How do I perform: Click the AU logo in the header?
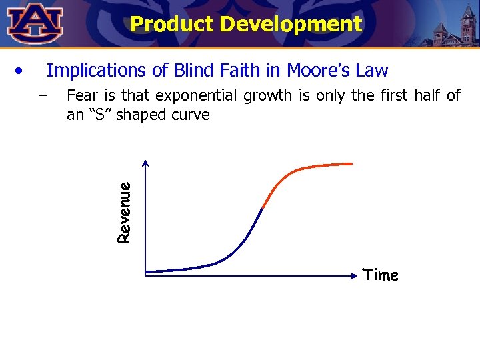[x=35, y=23]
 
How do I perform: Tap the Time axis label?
[x=381, y=275]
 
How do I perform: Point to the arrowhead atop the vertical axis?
[x=145, y=163]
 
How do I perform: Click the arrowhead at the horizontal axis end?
[x=355, y=274]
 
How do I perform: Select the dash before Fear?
[x=43, y=95]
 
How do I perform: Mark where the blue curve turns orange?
[x=263, y=208]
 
